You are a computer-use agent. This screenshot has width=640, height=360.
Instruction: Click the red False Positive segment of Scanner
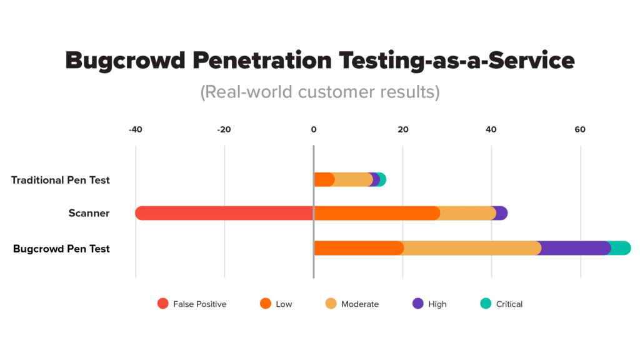pos(224,213)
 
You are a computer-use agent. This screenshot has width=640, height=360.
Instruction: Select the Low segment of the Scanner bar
pos(376,213)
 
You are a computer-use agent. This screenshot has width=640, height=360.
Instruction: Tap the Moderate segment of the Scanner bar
pos(467,213)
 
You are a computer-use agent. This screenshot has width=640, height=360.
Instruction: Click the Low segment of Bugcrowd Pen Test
pos(358,248)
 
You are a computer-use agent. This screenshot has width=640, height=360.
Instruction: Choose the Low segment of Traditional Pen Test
pos(324,180)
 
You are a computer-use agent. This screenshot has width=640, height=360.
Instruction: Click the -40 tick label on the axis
pos(135,130)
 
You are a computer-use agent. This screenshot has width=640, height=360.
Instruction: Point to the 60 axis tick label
pos(580,130)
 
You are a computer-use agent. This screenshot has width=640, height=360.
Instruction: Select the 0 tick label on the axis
pos(313,130)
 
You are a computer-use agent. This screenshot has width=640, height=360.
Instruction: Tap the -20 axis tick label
pos(224,130)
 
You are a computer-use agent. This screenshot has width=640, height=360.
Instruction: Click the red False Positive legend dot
pos(163,304)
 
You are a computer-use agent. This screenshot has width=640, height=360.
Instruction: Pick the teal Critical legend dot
pos(485,304)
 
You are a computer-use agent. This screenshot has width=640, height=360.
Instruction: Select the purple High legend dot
pos(417,304)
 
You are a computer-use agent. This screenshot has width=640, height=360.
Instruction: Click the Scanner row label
pos(89,213)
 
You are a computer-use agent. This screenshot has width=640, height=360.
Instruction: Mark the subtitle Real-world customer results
pos(319,92)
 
